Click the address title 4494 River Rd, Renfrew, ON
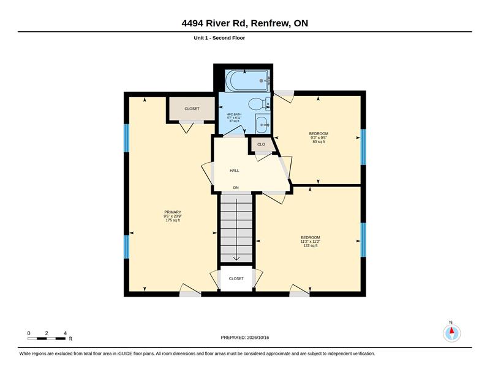244,23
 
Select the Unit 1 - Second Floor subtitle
219,38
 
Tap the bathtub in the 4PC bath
247,81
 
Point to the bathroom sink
263,124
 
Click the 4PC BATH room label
234,117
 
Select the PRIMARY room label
173,216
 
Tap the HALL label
235,171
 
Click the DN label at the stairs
236,188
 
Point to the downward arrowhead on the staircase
236,258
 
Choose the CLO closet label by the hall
262,144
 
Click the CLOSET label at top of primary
192,109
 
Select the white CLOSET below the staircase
236,278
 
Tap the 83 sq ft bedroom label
318,138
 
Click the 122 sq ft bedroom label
311,241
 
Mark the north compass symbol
451,333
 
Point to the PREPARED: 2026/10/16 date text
244,338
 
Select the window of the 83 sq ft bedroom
363,147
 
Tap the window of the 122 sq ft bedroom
363,240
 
